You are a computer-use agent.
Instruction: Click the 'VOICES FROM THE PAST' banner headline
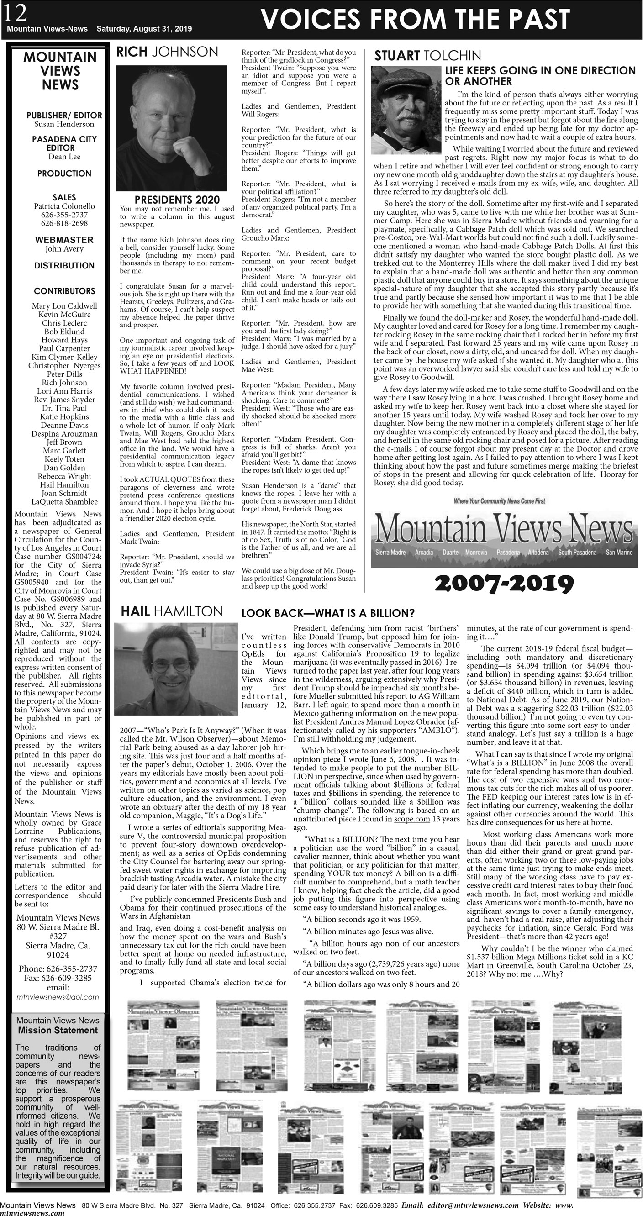point(415,19)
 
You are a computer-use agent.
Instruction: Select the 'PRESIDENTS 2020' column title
point(177,200)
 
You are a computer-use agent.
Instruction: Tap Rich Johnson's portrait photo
point(165,128)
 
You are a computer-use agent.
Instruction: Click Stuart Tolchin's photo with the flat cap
point(406,110)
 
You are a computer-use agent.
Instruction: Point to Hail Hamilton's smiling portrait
point(176,669)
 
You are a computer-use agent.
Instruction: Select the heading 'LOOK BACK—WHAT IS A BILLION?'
point(327,613)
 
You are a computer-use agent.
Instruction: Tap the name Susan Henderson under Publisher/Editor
point(64,124)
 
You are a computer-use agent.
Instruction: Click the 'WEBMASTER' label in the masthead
point(64,240)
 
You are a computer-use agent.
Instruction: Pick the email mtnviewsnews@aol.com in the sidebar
point(58,997)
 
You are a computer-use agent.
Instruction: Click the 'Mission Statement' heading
point(58,1031)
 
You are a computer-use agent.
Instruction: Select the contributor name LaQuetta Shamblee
point(64,502)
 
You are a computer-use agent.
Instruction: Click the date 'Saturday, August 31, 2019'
point(144,29)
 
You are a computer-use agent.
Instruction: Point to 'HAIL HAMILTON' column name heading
point(171,612)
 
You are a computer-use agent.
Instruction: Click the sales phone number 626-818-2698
point(64,223)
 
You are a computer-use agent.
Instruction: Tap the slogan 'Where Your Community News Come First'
point(499,501)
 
